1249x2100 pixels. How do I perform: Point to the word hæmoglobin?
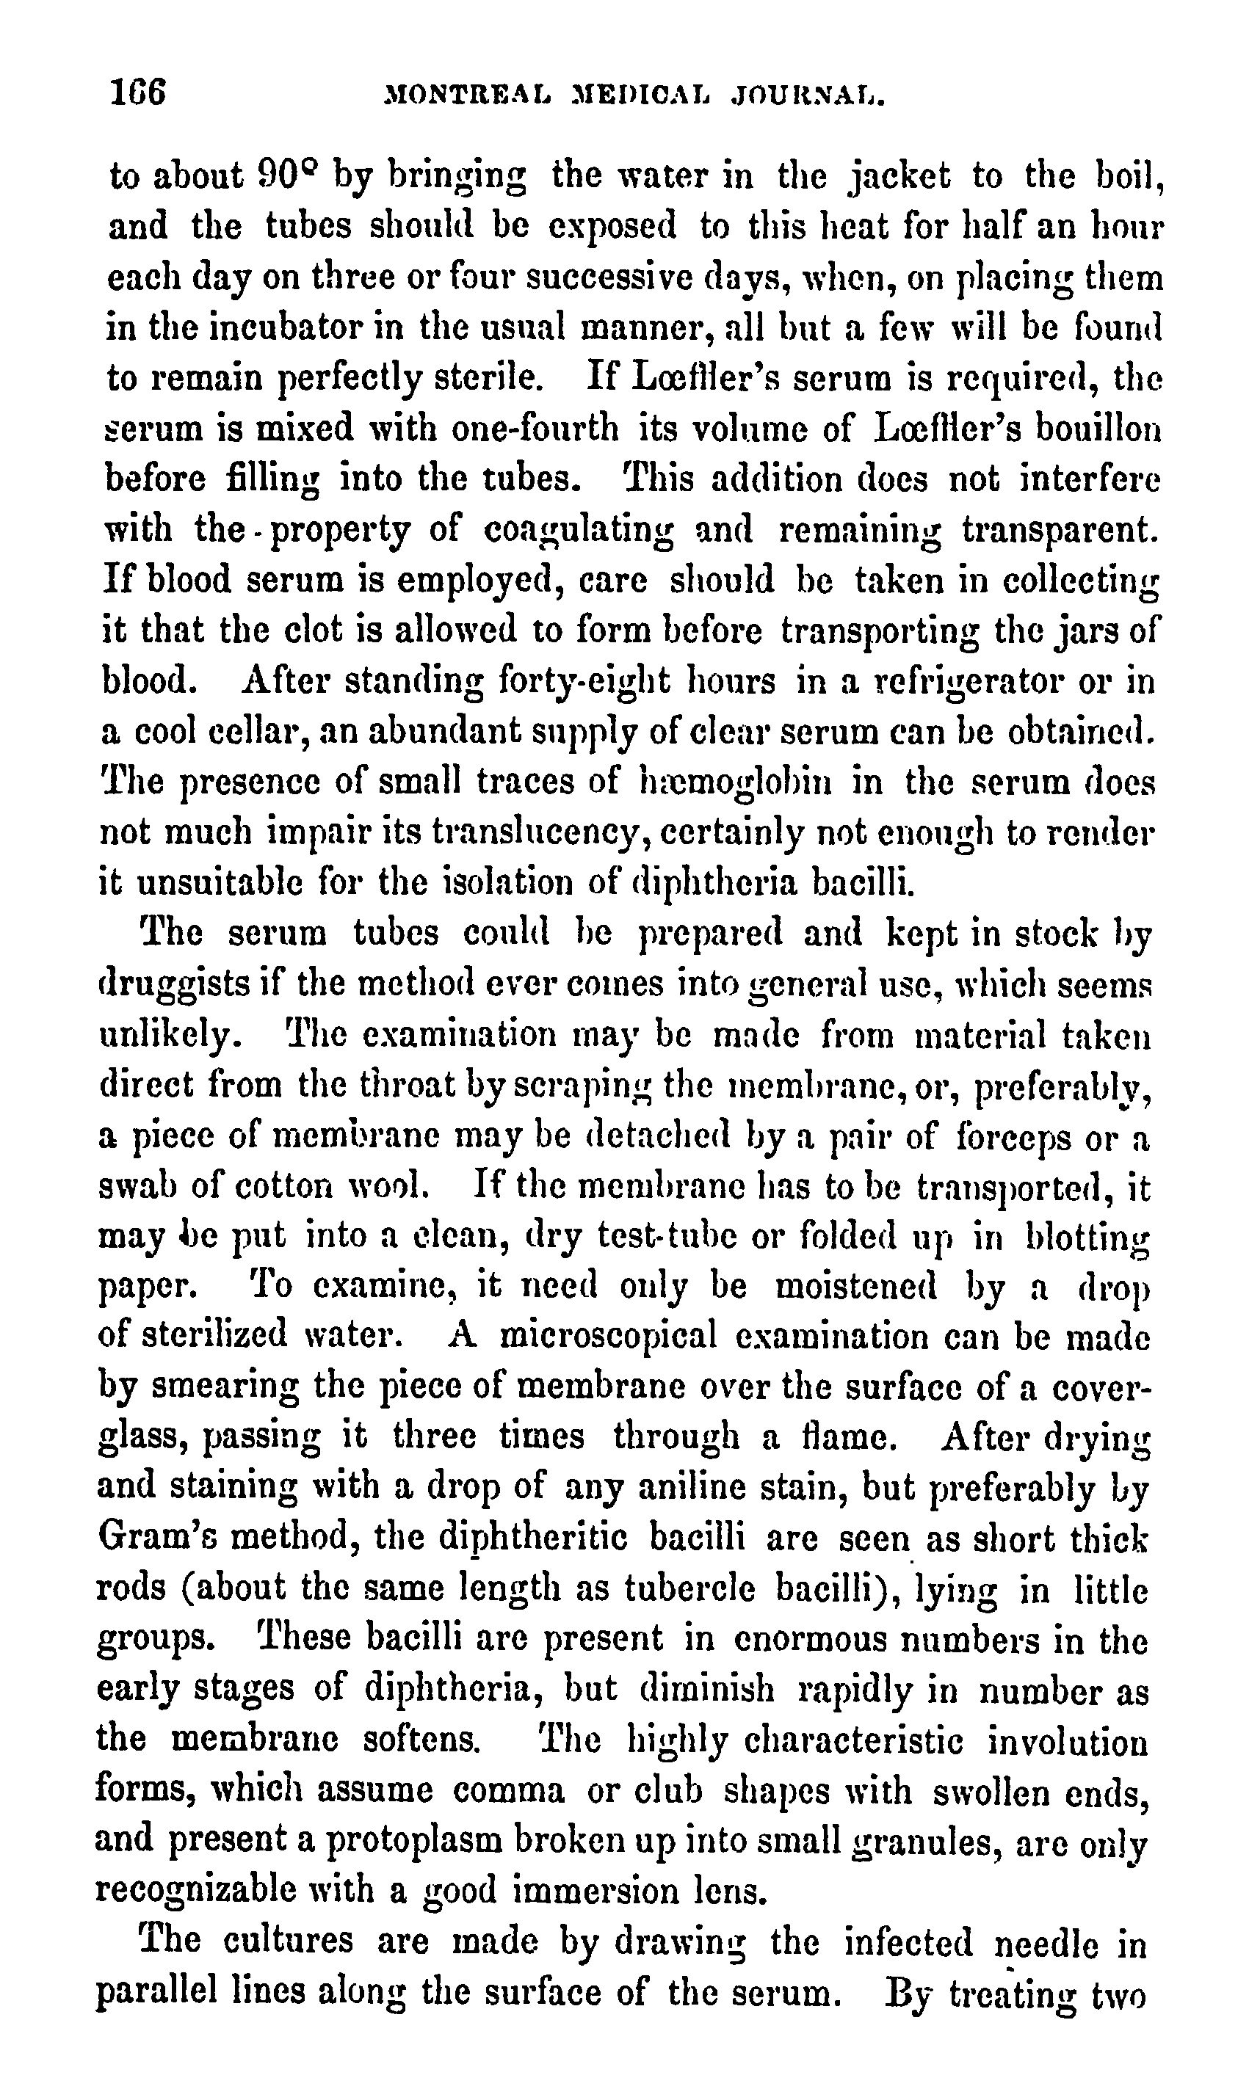click(736, 782)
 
